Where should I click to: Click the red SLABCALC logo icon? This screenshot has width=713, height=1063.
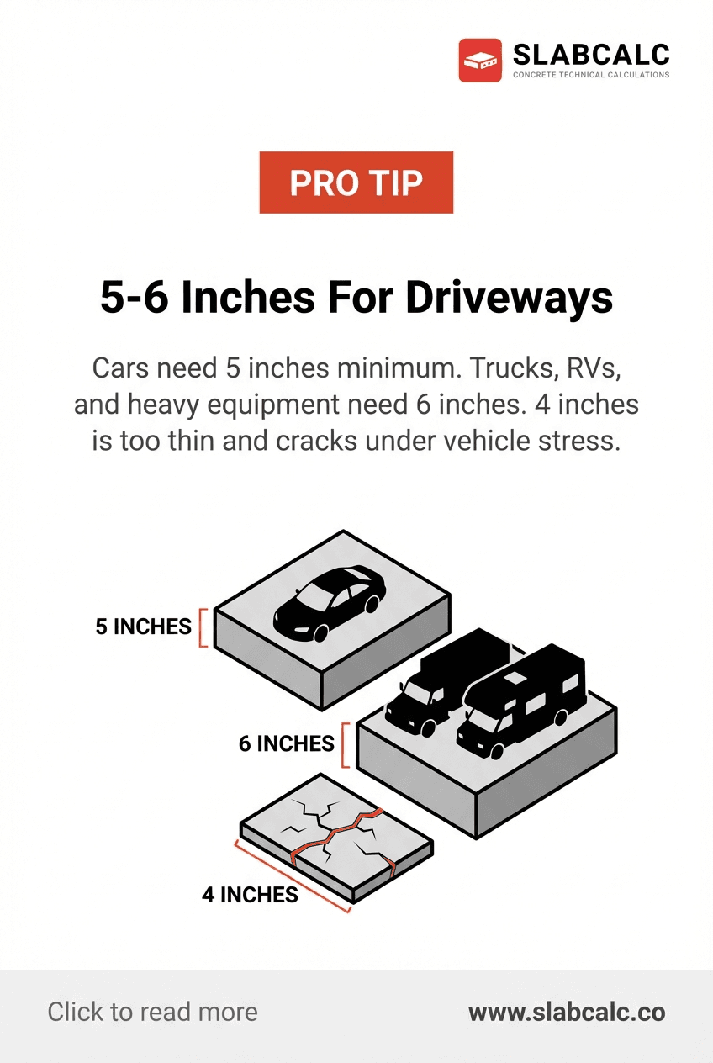coord(480,61)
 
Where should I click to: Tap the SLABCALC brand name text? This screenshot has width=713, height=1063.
coord(590,55)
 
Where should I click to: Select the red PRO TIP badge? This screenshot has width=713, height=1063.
coord(356,182)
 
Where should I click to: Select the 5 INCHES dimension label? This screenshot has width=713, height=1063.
coord(143,627)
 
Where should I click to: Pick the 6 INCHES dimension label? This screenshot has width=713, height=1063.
coord(287,743)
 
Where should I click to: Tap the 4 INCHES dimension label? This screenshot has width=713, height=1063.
coord(250,894)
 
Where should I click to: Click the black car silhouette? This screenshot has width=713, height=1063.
coord(330,600)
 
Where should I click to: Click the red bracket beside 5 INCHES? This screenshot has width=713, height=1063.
coord(203,627)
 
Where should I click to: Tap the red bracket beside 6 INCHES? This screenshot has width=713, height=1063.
coord(345,744)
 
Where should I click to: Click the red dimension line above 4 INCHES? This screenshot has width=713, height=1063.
coord(291,875)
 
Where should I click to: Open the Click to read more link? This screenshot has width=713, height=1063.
coord(152,1012)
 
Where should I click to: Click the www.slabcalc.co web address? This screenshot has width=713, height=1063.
coord(566,1012)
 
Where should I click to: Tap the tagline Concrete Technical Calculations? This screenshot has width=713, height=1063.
coord(590,75)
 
